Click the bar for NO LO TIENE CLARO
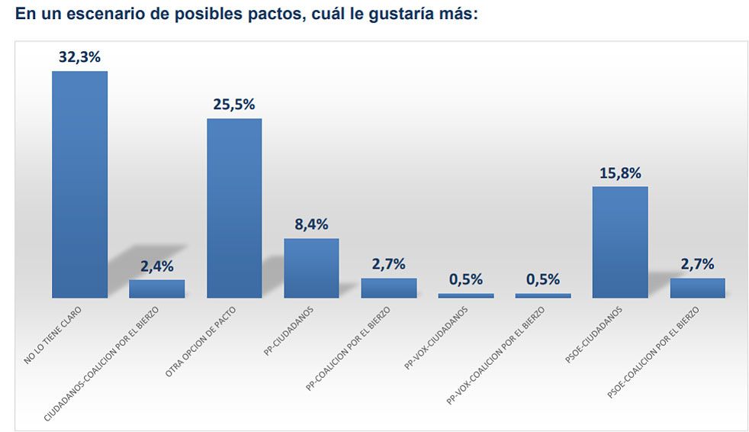[x=79, y=184]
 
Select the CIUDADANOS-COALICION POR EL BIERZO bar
[x=156, y=289]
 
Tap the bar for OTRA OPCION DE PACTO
[x=234, y=208]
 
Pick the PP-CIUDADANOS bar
[x=311, y=267]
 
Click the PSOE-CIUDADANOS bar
[x=620, y=241]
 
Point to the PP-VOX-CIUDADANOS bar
[x=466, y=295]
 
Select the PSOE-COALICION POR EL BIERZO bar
[x=697, y=288]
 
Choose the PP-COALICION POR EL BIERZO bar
[x=389, y=288]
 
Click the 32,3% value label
[x=80, y=56]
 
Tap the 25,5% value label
[x=234, y=105]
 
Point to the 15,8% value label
[x=620, y=172]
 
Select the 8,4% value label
[x=312, y=224]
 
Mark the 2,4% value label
[x=157, y=266]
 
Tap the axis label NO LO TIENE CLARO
[x=53, y=334]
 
